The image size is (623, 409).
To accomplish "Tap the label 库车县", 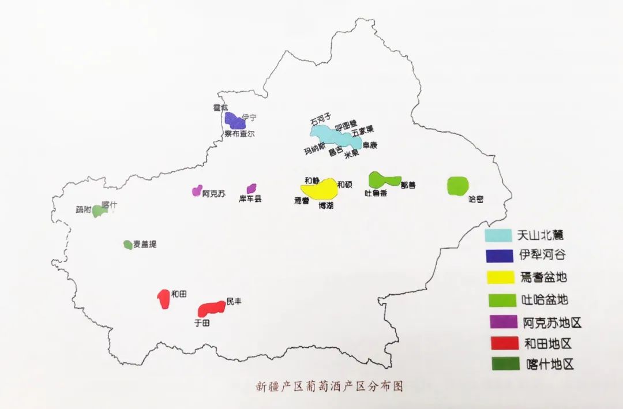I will pos(250,199).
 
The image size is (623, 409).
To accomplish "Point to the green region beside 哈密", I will pos(458,185).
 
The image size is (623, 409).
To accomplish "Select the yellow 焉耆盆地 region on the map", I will pos(319,188).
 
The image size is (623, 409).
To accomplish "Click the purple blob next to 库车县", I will pos(252,188).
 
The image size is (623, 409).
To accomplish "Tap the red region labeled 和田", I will pos(163,298).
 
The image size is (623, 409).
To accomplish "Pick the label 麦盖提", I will pos(145,245).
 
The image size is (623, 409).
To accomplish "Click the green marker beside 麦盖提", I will pos(127,245).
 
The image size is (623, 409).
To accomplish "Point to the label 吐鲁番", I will pos(376,194).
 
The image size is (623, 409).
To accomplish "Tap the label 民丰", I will pos(234,301).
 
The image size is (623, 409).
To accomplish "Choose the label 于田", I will pos(202,324).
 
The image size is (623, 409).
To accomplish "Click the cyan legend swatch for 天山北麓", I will pos(498,235).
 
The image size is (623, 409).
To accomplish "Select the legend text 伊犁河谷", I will pos(542,256).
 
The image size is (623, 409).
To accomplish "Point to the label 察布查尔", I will pos(239,134).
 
